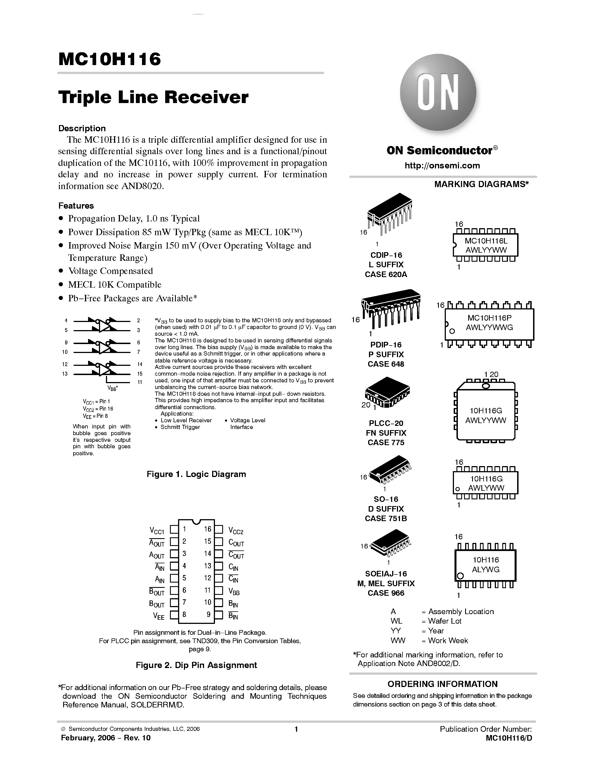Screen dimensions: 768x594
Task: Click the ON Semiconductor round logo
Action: (438, 92)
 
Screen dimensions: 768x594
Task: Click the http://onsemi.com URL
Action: (442, 166)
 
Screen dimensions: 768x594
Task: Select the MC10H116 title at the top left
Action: (110, 59)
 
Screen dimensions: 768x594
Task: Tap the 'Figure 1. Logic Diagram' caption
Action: (196, 474)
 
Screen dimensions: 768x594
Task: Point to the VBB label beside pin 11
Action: (234, 592)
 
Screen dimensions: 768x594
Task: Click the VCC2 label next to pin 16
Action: (236, 531)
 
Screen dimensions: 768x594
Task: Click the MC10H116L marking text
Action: (486, 241)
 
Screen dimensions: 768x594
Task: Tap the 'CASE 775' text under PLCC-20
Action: (386, 442)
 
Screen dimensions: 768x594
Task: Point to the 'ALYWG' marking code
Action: (486, 569)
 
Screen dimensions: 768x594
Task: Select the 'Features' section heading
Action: (76, 206)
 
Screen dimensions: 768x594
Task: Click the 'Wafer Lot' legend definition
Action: (444, 621)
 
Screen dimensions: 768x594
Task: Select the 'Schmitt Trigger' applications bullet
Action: (180, 427)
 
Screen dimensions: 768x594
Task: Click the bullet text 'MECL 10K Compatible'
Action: (114, 285)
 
